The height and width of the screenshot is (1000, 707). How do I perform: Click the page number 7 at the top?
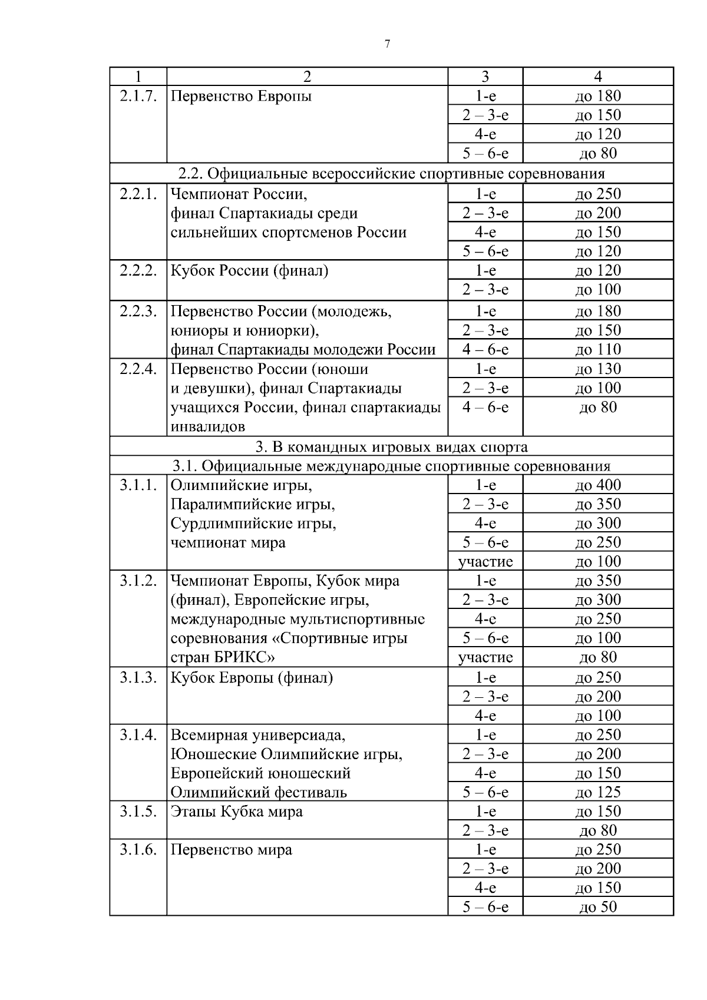[x=387, y=44]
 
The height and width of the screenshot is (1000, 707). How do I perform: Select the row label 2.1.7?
[x=138, y=96]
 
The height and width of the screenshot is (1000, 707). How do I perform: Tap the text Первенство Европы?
[x=241, y=96]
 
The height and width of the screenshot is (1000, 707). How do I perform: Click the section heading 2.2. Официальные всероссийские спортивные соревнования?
[x=391, y=174]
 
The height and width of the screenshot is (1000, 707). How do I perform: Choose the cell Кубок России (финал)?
[x=249, y=270]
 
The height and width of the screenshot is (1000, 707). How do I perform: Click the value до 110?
[x=598, y=349]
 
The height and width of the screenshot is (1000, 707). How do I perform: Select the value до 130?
[x=598, y=369]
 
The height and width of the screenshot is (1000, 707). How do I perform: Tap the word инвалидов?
[x=208, y=426]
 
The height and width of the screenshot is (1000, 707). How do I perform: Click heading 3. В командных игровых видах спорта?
[x=391, y=447]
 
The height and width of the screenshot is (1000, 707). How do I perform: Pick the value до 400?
[x=598, y=485]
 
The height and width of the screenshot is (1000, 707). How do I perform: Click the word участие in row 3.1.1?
[x=485, y=561]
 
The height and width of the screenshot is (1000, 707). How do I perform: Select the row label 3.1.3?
[x=138, y=677]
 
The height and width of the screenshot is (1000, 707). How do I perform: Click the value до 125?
[x=598, y=792]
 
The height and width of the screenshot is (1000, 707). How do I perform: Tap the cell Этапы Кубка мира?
[x=236, y=811]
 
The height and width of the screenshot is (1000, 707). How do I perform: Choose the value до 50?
[x=598, y=907]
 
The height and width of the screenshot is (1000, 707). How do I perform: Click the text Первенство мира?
[x=231, y=850]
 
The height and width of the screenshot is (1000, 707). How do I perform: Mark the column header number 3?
[x=485, y=77]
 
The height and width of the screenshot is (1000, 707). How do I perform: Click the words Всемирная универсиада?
[x=257, y=735]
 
